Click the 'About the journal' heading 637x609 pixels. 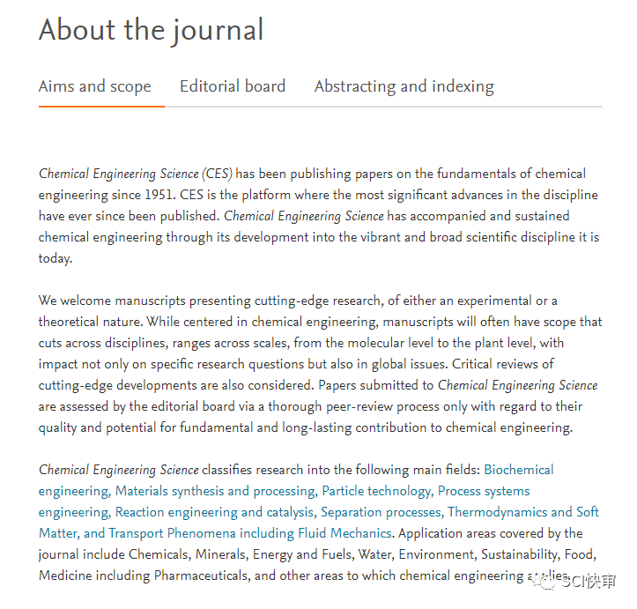click(x=151, y=31)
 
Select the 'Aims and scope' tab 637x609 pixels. click(x=95, y=86)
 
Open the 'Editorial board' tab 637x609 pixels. click(x=233, y=86)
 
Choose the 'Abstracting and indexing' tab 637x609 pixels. click(x=404, y=86)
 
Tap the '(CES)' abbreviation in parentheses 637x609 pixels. click(x=217, y=174)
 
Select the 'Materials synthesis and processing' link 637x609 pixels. click(x=215, y=491)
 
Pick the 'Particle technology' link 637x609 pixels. click(x=376, y=491)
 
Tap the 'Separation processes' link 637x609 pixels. click(x=381, y=512)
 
